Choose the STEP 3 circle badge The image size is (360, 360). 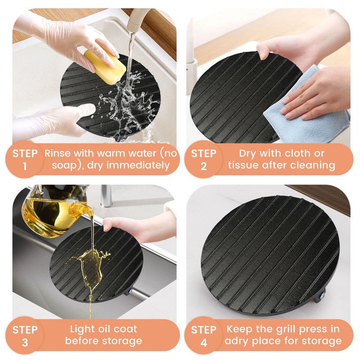(25, 335)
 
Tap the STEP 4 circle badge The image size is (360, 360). (204, 335)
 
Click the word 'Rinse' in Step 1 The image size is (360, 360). (56, 153)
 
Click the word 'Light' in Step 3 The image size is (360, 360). (81, 329)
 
